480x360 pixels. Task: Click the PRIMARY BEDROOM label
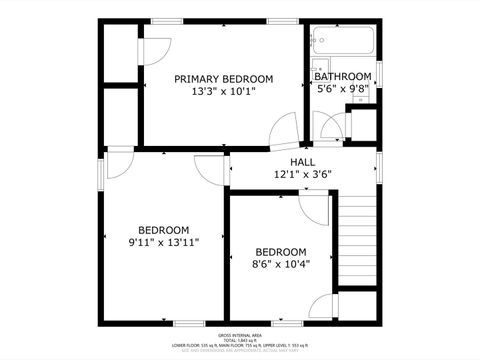[x=223, y=79]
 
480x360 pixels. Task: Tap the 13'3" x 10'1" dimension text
[x=223, y=92]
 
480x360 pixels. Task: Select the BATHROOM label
[x=342, y=76]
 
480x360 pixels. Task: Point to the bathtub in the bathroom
[x=342, y=42]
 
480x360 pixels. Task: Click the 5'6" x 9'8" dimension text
[x=342, y=88]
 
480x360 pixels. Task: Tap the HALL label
[x=302, y=162]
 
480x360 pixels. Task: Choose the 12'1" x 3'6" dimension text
[x=302, y=174]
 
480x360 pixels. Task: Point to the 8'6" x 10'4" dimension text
[x=280, y=264]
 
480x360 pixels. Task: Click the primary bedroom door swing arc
[x=283, y=130]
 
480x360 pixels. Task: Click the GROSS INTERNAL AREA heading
[x=240, y=335]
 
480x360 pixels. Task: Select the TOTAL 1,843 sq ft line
[x=240, y=341]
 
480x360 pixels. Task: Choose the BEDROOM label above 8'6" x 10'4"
[x=280, y=252]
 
